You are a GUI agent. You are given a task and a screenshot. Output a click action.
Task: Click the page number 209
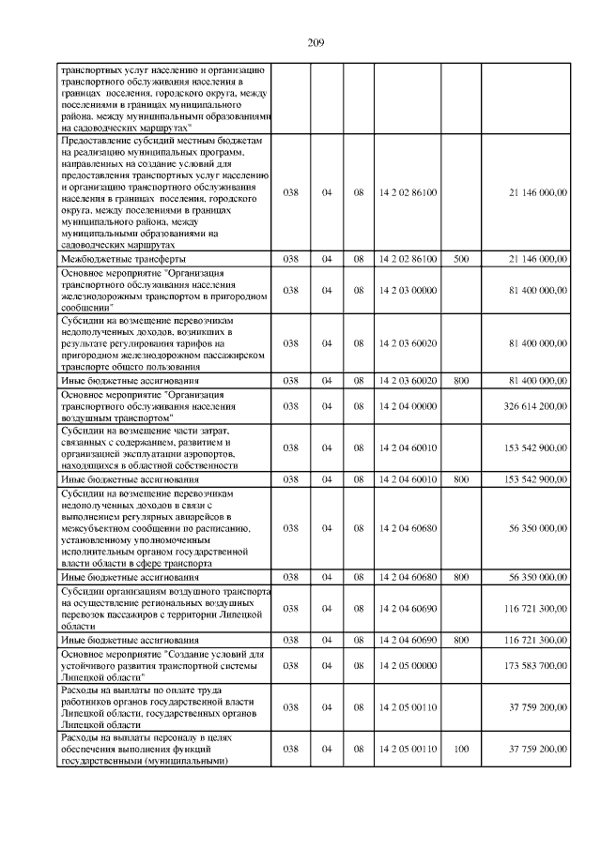[x=315, y=41]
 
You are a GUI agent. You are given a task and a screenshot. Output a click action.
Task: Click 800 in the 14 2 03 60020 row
[x=461, y=380]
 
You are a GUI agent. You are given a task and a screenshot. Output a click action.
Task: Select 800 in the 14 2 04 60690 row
[x=461, y=639]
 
